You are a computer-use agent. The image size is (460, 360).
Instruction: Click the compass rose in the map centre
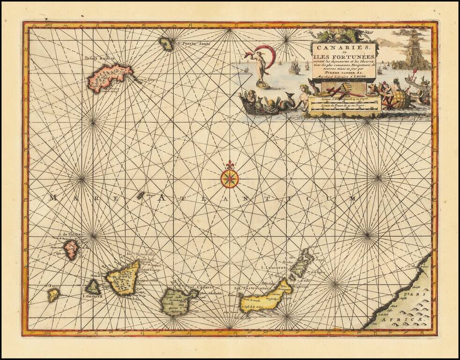(230, 178)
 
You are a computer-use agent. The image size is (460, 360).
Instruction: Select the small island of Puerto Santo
(166, 44)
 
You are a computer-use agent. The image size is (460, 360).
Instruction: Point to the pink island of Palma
(71, 249)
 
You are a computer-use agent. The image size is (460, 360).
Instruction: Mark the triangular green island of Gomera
(93, 286)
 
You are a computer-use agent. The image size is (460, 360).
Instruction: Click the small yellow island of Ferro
(53, 295)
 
